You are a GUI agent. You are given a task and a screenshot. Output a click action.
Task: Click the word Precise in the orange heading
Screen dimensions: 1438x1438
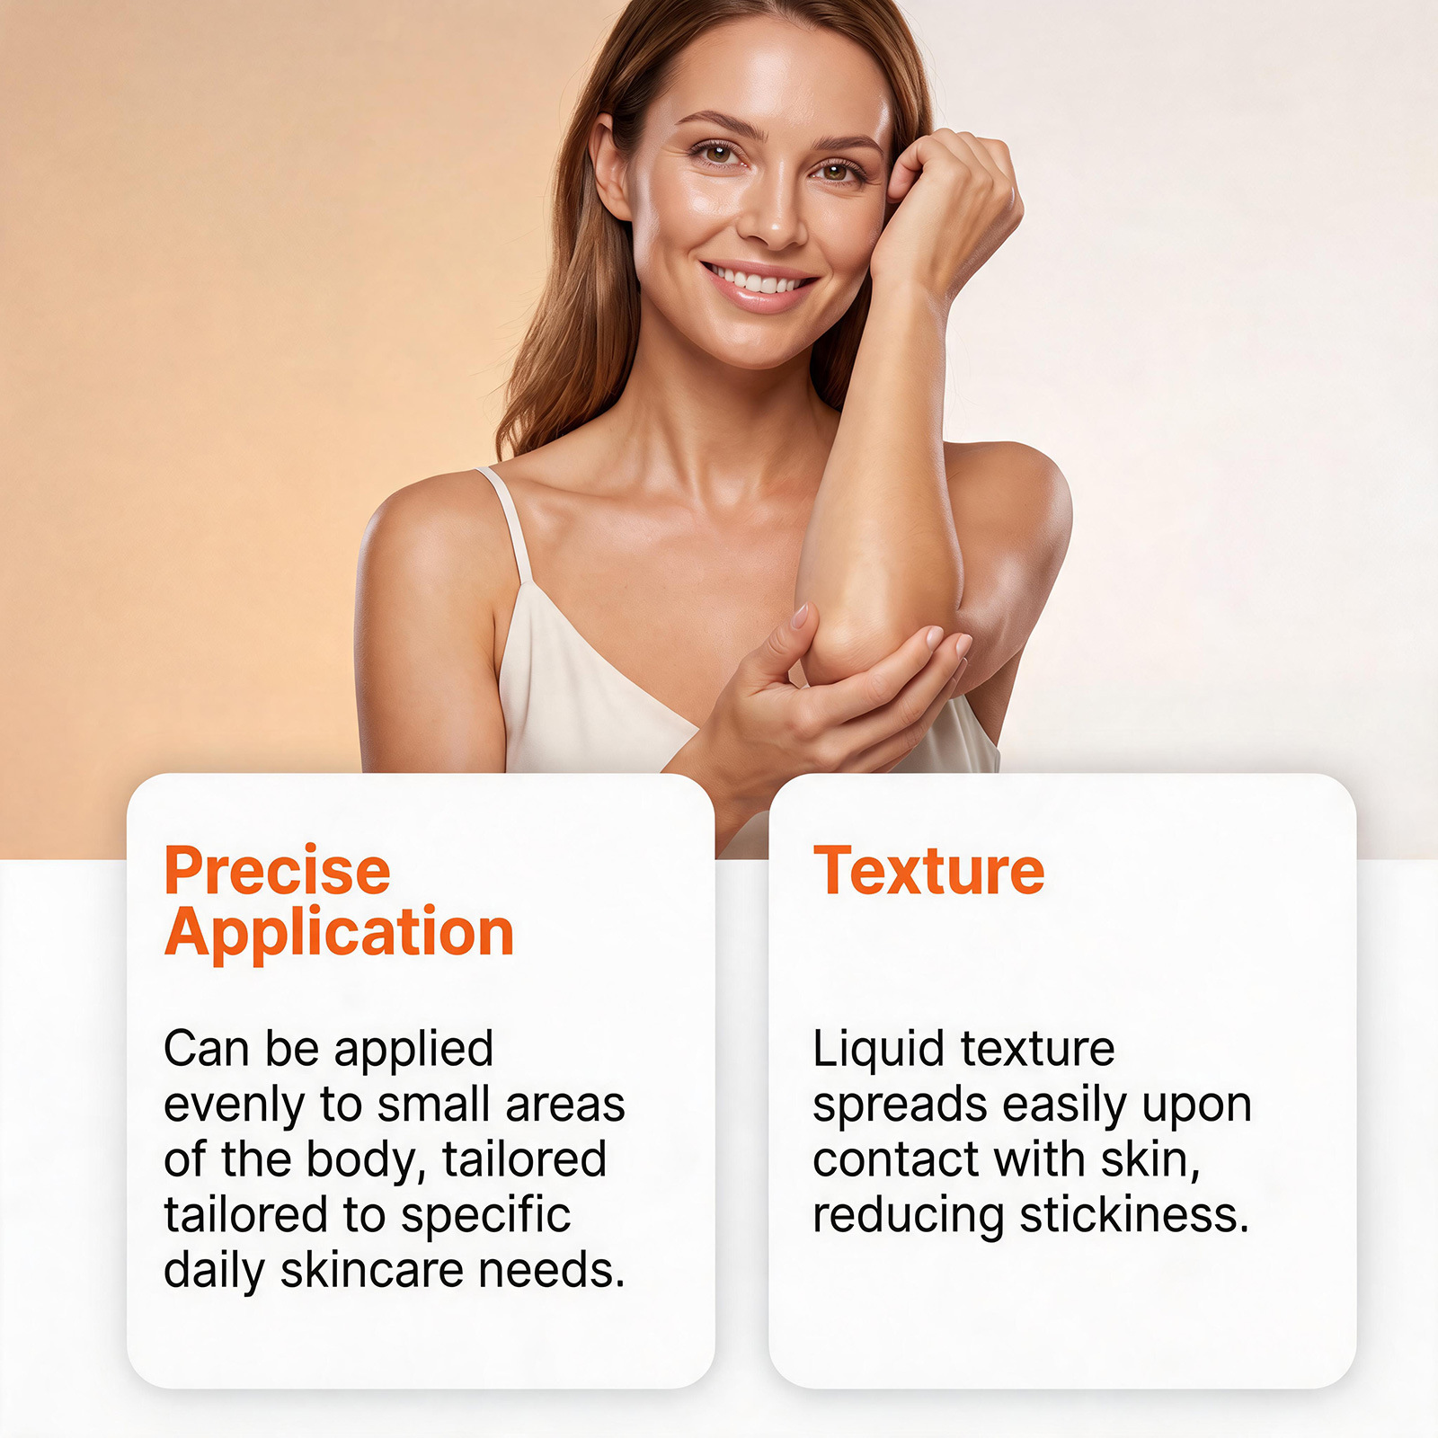(x=278, y=870)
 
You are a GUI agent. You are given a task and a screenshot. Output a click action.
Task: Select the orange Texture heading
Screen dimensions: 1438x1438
(x=929, y=870)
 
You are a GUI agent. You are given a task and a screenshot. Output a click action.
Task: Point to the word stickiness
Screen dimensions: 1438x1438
(x=1135, y=1214)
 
